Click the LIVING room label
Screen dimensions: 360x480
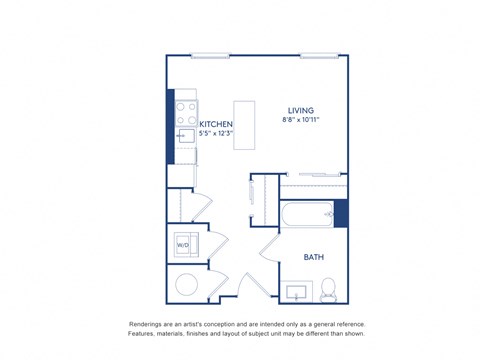click(301, 110)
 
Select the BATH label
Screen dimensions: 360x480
click(315, 257)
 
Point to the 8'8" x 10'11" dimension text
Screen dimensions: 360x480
click(302, 121)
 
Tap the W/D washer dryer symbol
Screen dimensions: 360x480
click(185, 244)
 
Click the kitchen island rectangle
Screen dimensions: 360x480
click(245, 125)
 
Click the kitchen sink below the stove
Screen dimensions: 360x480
click(186, 137)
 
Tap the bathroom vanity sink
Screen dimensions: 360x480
click(295, 293)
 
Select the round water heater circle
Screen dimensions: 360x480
click(188, 285)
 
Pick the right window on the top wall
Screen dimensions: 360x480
click(319, 55)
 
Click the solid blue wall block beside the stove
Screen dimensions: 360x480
click(170, 119)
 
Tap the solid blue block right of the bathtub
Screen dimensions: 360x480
click(341, 214)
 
